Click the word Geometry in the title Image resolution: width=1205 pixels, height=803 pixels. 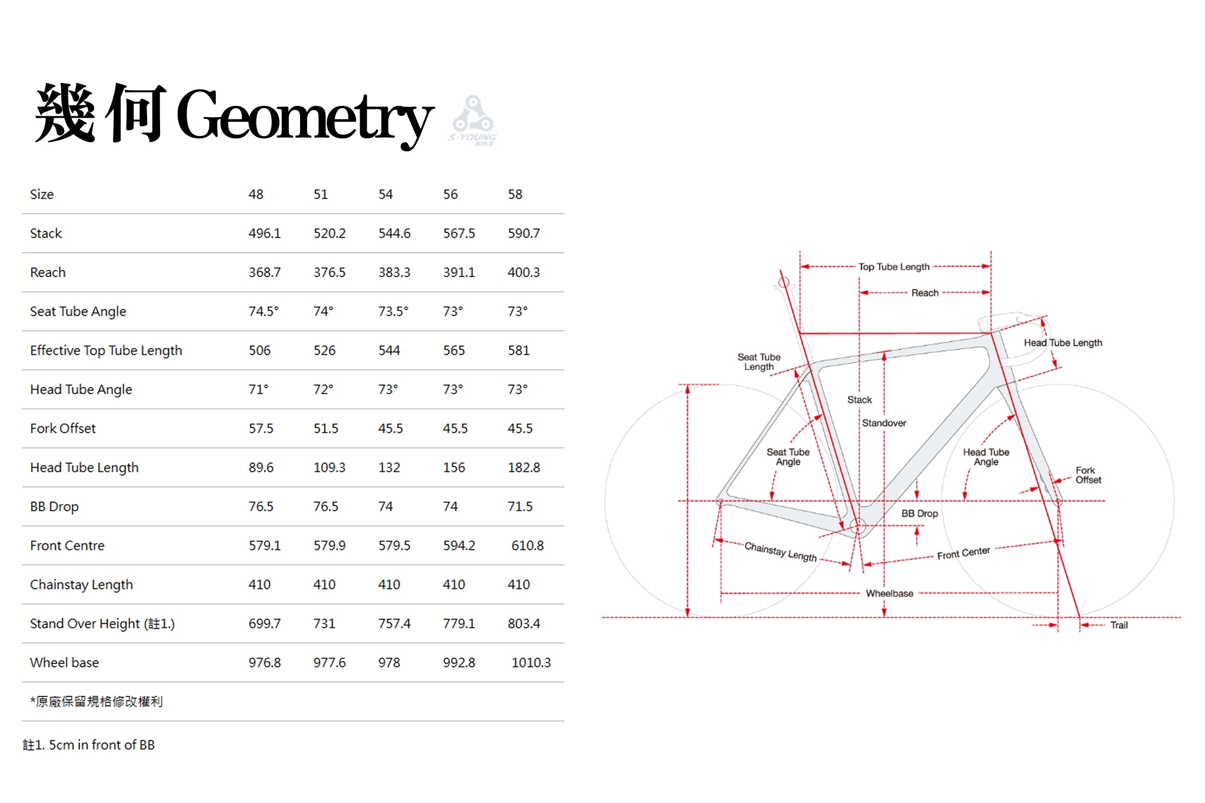(305, 116)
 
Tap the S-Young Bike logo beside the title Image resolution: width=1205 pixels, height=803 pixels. (473, 121)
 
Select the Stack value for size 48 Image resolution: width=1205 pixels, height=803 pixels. (264, 234)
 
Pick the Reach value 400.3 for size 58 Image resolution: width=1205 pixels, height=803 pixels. (523, 272)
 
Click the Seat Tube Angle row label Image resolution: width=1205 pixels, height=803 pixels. (78, 311)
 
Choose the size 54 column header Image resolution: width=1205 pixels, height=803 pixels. (385, 195)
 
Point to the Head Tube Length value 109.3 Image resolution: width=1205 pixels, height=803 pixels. (329, 468)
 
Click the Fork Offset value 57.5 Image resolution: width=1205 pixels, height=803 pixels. (261, 428)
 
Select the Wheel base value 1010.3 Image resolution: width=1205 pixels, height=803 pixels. (531, 663)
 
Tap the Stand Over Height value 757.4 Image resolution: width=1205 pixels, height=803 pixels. (394, 624)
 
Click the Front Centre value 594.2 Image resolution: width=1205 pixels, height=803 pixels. (459, 546)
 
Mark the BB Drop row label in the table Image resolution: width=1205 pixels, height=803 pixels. (54, 507)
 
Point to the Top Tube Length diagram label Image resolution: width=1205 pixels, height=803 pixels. (894, 267)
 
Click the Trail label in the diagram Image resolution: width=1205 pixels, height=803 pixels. (1119, 625)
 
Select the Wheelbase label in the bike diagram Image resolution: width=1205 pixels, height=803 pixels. (889, 594)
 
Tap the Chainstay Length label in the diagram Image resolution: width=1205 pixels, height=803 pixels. (780, 552)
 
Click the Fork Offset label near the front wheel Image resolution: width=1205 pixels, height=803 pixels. (1088, 475)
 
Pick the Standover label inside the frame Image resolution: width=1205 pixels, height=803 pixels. (884, 423)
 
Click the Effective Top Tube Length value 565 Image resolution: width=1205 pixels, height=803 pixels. (454, 351)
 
